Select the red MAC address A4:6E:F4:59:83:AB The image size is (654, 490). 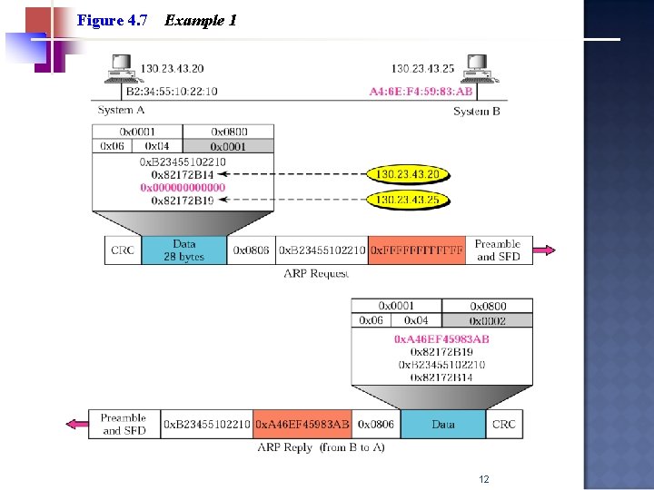(421, 92)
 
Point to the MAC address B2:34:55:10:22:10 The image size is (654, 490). (172, 92)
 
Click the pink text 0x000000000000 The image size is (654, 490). (183, 188)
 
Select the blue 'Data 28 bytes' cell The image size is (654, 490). (184, 250)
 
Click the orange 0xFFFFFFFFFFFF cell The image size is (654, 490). (417, 250)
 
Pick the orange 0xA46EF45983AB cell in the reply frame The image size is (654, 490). (302, 425)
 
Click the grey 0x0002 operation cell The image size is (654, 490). (488, 320)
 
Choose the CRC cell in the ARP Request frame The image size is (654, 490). (123, 250)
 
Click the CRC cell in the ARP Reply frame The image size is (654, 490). (503, 425)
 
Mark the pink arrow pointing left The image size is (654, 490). (78, 425)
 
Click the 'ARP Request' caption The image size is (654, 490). (315, 273)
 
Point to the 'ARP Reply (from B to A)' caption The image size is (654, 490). (321, 447)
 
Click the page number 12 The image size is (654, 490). (483, 479)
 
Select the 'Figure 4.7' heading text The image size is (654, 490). (113, 20)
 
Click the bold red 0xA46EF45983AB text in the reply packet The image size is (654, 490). (441, 339)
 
